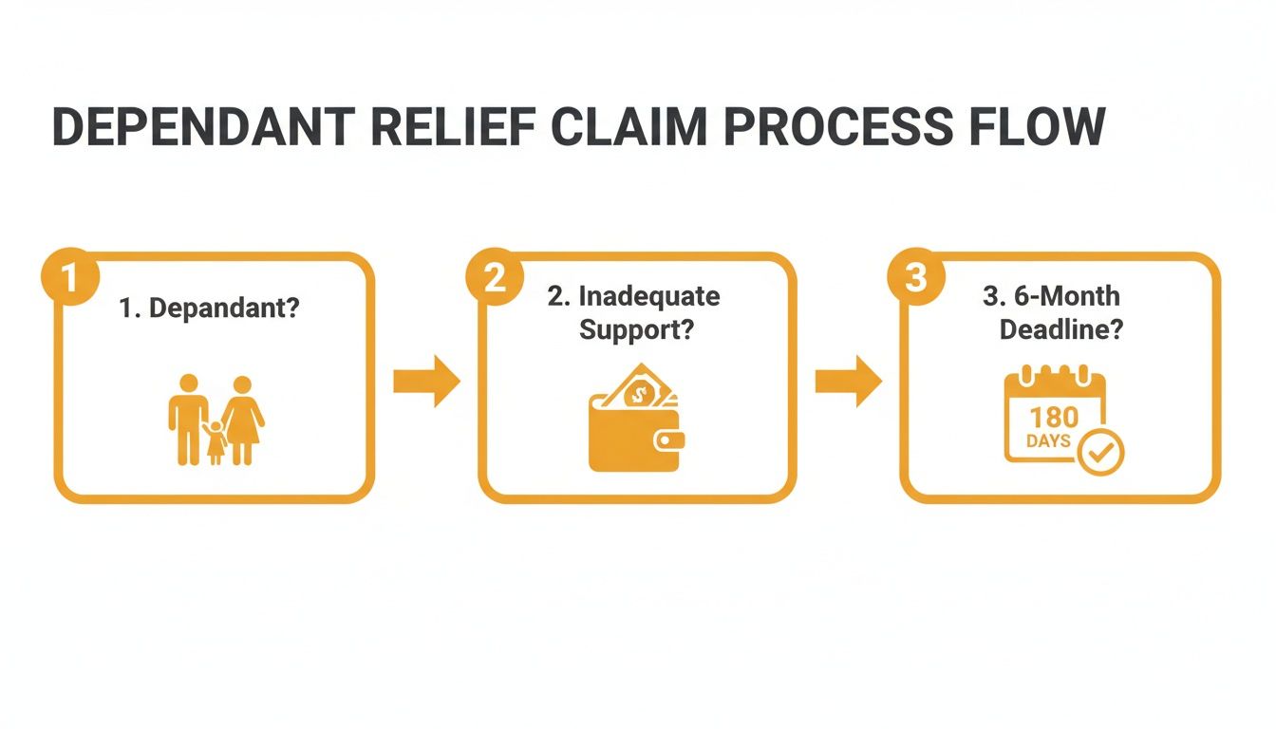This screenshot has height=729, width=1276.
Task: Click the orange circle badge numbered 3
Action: tap(913, 277)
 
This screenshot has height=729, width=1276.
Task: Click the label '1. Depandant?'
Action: tap(209, 308)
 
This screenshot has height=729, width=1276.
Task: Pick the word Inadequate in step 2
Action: tap(648, 296)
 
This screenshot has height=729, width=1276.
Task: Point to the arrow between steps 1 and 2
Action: tap(426, 382)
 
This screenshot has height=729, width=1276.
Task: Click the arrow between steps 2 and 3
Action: tap(848, 382)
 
